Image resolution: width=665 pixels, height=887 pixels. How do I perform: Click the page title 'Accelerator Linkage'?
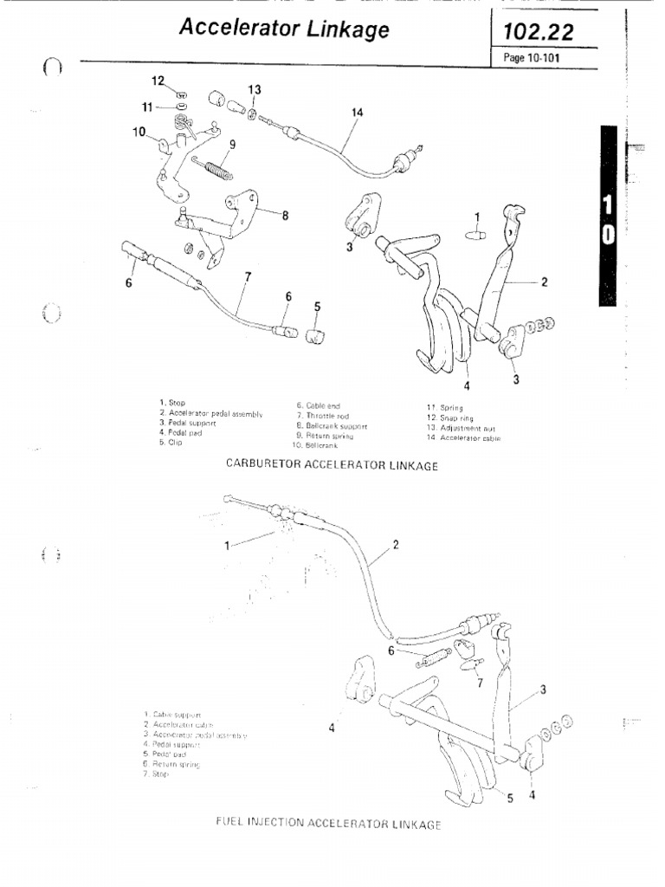[x=283, y=29]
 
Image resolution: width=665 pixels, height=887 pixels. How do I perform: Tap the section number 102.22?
[x=532, y=32]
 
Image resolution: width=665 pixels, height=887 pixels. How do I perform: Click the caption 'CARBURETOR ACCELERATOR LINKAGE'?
[x=332, y=465]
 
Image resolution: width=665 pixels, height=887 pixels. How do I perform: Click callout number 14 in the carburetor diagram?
[x=358, y=111]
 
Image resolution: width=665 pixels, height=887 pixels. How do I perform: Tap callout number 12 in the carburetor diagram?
[x=158, y=81]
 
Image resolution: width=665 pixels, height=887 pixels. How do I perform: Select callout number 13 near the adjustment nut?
[x=254, y=89]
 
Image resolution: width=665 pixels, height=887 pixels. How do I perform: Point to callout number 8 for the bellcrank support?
[x=285, y=216]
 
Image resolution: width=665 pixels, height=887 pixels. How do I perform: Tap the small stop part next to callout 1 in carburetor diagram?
[x=475, y=234]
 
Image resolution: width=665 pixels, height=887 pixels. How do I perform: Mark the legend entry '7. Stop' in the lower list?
[x=160, y=775]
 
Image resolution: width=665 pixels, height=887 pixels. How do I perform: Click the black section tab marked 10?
[x=607, y=220]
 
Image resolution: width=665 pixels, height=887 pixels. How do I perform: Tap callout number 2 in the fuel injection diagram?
[x=396, y=545]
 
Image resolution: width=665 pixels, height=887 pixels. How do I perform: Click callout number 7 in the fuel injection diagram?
[x=478, y=683]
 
